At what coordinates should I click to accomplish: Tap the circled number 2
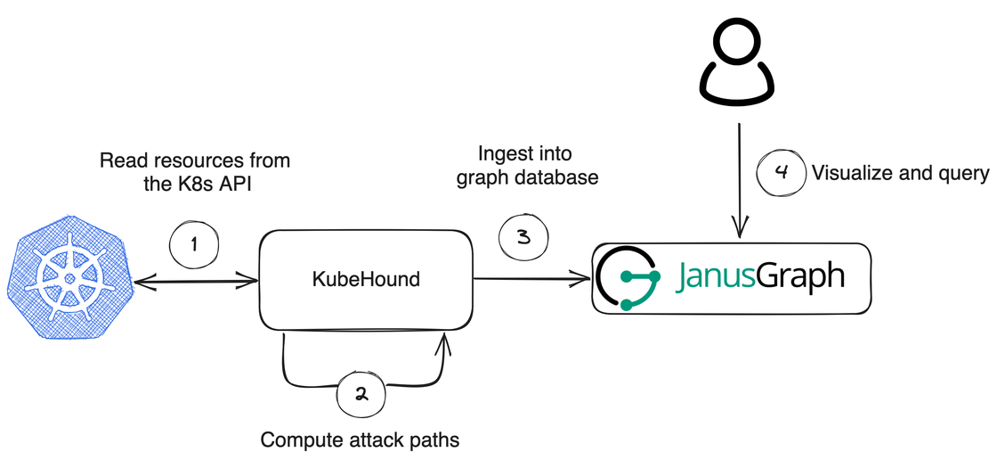(361, 395)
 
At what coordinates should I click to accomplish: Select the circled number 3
(523, 237)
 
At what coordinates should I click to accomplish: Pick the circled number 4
(781, 173)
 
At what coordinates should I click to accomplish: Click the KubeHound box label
(365, 279)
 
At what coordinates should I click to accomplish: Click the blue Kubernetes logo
(69, 278)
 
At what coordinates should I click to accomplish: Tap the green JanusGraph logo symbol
(628, 278)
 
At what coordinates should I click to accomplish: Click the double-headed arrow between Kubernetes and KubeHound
(195, 283)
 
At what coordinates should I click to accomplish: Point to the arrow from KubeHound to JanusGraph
(532, 279)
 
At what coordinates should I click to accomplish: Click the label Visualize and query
(900, 174)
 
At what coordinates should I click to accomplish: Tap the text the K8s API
(195, 186)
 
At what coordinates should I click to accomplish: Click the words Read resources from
(195, 161)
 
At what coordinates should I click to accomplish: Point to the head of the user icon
(738, 40)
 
